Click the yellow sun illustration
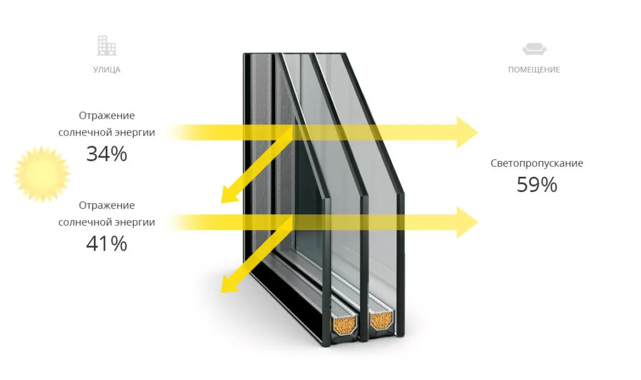42,174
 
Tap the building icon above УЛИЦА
106,46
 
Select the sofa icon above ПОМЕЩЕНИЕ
533,49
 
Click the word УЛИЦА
106,70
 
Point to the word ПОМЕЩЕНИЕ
534,70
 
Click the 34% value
106,154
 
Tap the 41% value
106,244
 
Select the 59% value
536,184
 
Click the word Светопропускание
536,164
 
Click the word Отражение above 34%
106,116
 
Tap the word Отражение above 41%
106,206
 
